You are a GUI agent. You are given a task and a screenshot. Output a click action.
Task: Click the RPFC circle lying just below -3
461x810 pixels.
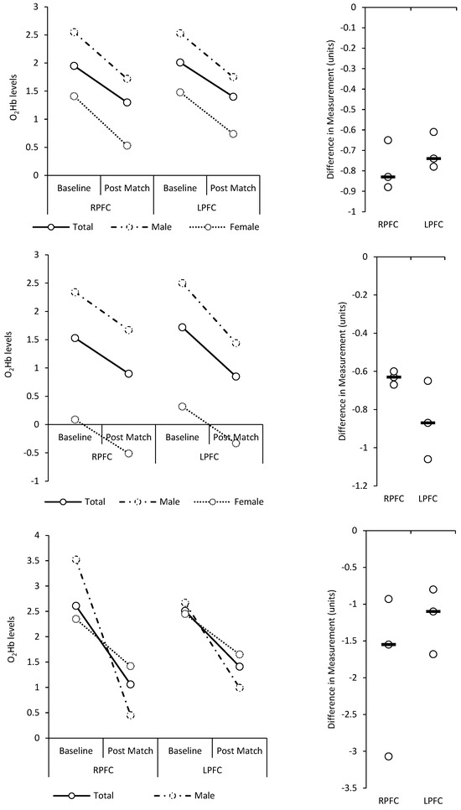(x=389, y=756)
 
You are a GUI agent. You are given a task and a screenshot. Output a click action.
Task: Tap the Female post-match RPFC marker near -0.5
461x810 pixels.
(x=129, y=454)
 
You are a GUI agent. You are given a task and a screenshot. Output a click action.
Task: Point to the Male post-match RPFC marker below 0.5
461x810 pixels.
(x=130, y=715)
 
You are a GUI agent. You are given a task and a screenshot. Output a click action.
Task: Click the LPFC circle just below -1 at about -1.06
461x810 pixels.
(x=428, y=460)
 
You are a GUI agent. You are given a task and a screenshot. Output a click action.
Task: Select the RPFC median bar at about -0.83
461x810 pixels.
(x=388, y=177)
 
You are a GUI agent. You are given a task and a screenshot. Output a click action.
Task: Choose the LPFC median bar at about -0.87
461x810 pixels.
(x=428, y=423)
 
